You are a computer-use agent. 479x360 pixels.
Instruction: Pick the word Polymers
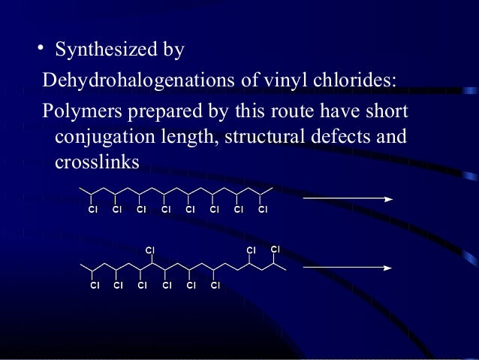click(x=78, y=112)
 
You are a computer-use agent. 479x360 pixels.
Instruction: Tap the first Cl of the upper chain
click(x=92, y=210)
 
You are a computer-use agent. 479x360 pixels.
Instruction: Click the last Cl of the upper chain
click(x=263, y=210)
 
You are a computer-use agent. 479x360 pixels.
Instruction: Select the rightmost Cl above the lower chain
click(x=275, y=249)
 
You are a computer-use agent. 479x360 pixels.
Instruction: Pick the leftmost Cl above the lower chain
click(x=150, y=249)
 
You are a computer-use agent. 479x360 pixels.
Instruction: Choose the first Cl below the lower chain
click(x=94, y=286)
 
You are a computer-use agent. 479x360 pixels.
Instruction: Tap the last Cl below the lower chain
click(x=215, y=286)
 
